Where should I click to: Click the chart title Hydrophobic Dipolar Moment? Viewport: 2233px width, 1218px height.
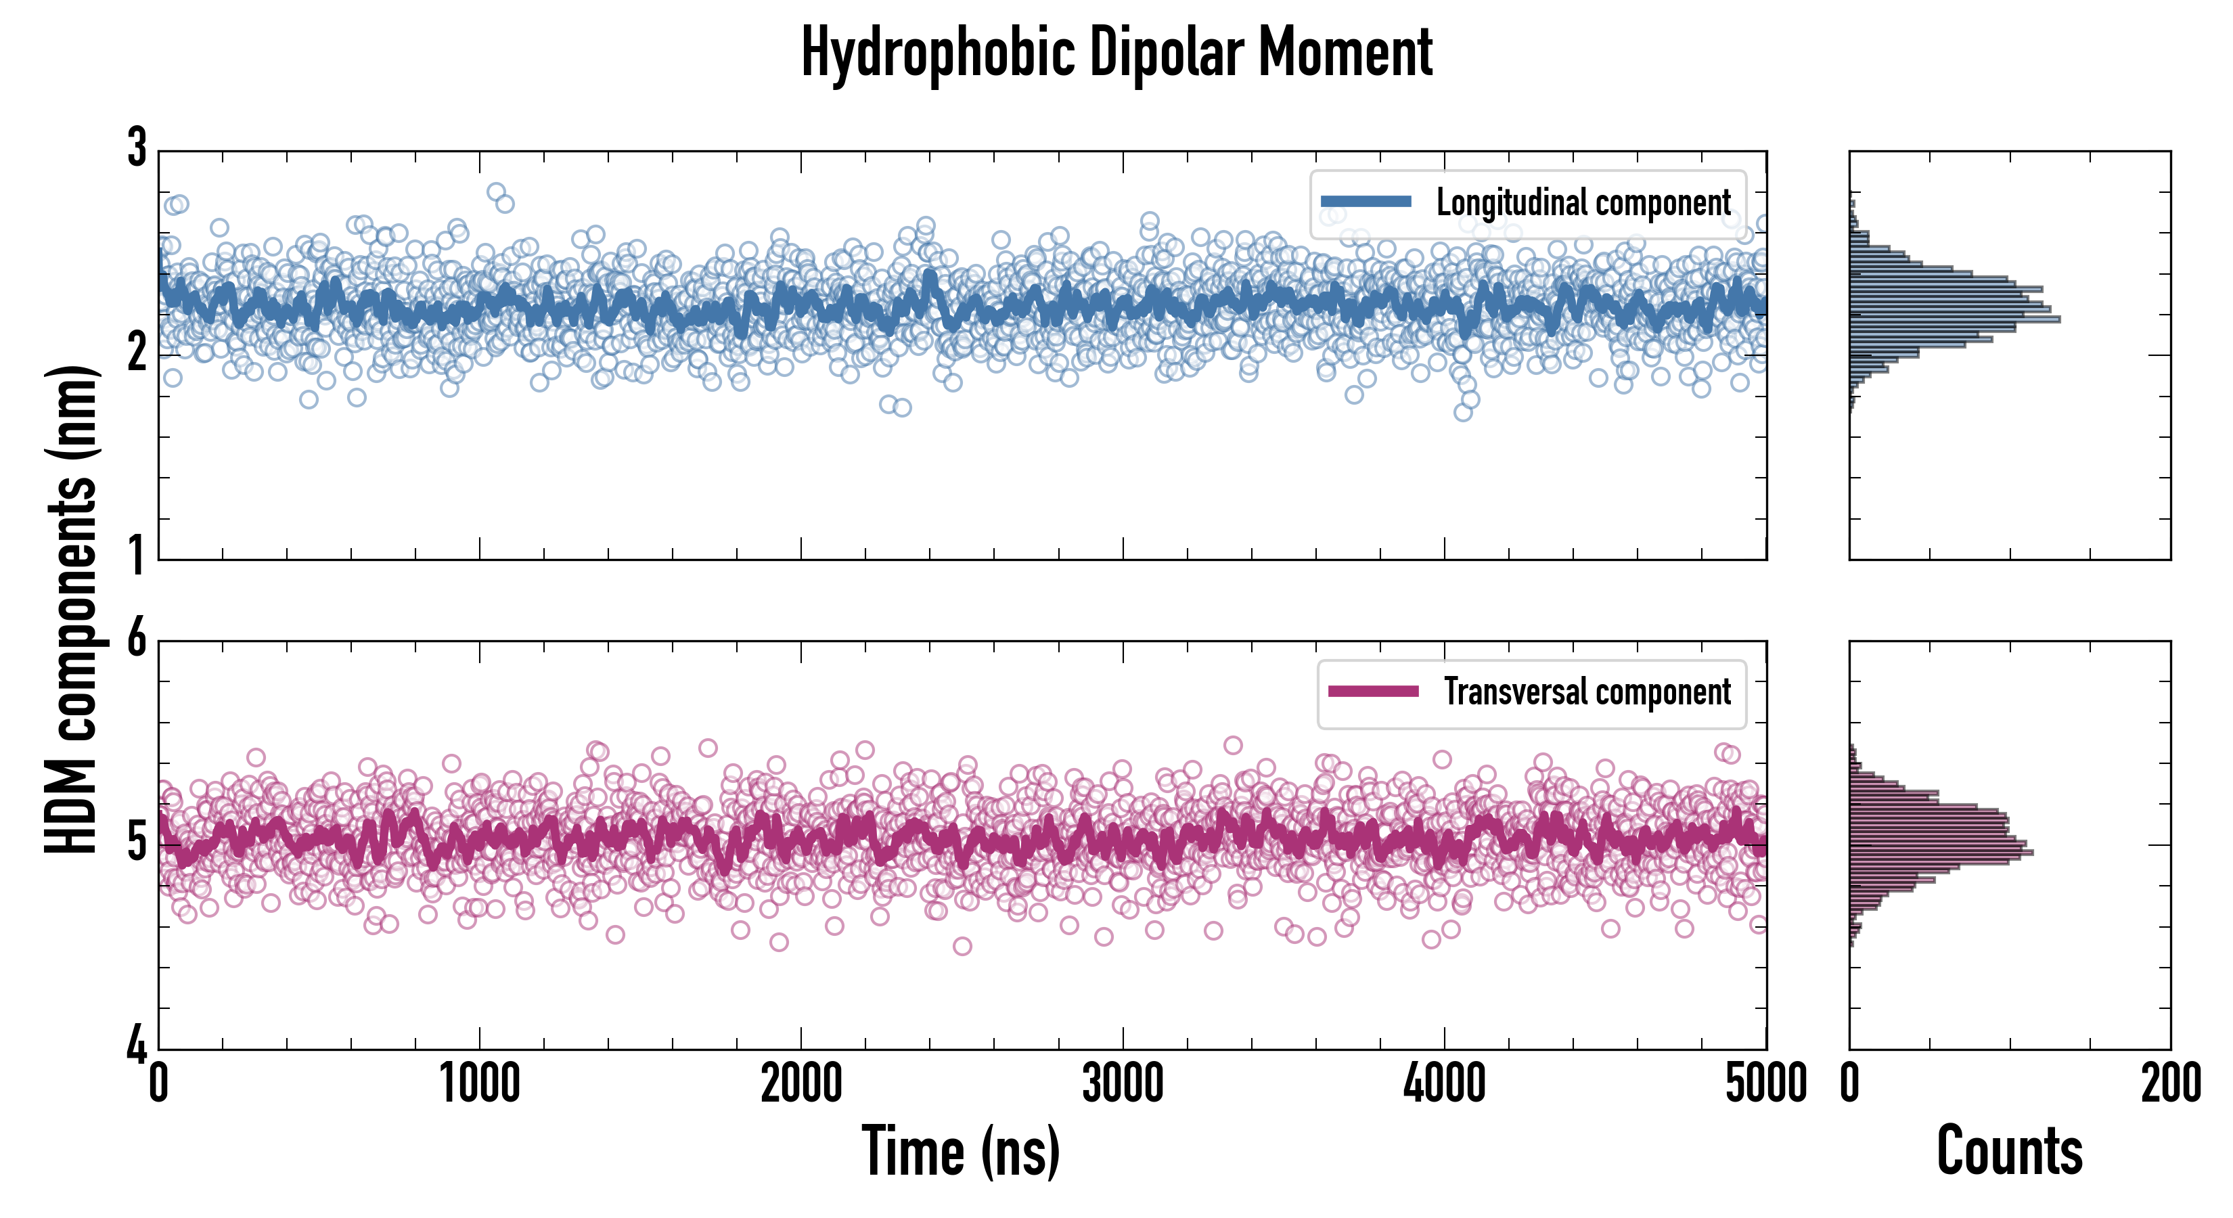click(1116, 53)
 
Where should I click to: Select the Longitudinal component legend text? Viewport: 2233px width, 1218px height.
click(1583, 203)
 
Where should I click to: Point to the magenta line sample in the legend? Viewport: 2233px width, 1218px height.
click(1373, 692)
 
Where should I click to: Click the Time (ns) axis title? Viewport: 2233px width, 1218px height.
click(960, 1150)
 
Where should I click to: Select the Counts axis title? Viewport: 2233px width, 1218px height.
click(2009, 1150)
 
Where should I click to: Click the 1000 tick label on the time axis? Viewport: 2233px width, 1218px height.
click(479, 1083)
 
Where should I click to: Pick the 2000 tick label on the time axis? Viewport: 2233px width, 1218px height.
click(801, 1083)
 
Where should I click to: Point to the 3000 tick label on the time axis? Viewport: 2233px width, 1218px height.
click(1123, 1083)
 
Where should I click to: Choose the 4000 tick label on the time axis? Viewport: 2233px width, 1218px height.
click(1444, 1083)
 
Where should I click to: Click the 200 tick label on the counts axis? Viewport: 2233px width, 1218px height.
click(2169, 1083)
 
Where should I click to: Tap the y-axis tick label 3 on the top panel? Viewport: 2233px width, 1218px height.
click(137, 148)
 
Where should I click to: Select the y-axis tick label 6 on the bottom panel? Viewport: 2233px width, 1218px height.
click(137, 639)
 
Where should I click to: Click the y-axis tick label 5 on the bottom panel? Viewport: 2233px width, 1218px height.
click(137, 842)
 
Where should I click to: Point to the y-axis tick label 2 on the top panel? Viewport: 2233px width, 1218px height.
click(137, 352)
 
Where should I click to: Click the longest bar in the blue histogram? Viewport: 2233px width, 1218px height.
click(1955, 319)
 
